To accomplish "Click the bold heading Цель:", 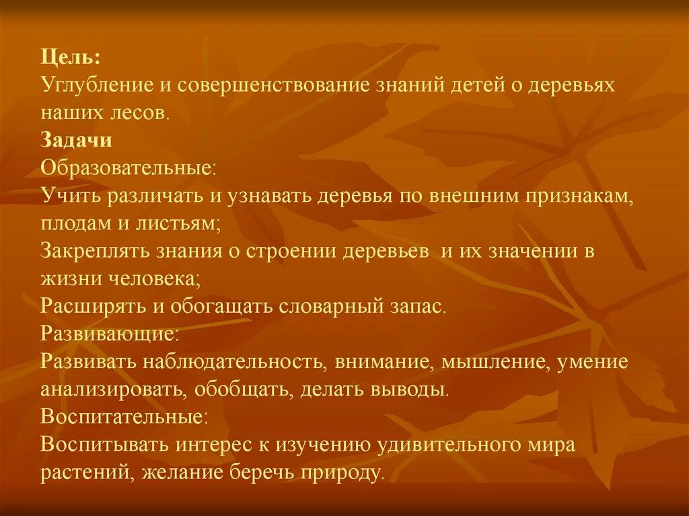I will pos(70,59).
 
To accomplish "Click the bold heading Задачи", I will pos(76,141).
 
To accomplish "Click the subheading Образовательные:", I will pos(129,169).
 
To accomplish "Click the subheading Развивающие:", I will pos(110,334).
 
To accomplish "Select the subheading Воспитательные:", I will pos(124,417).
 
